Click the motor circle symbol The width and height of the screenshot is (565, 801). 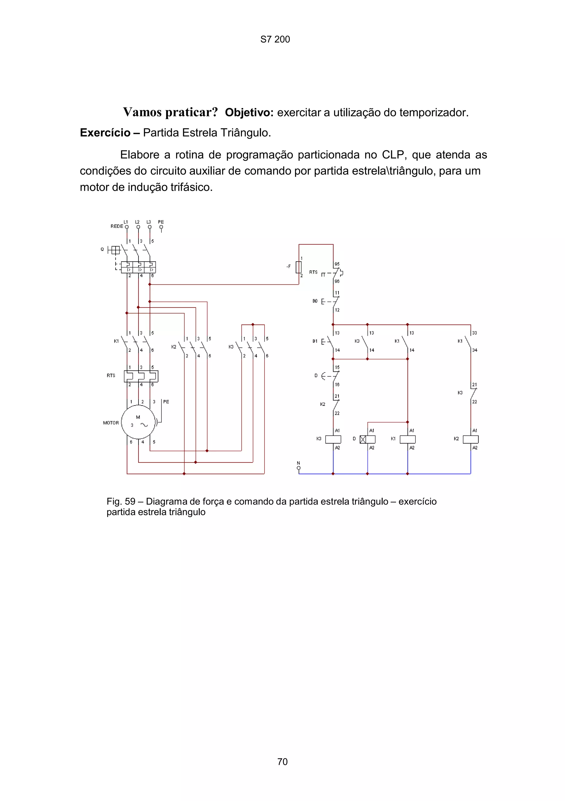coord(138,422)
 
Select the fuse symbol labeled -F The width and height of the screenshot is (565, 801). coord(299,267)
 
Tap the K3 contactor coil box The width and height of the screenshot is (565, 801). coord(333,439)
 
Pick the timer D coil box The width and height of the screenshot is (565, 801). coord(367,439)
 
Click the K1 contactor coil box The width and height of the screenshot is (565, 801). coord(407,439)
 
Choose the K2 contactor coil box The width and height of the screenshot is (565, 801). coord(470,439)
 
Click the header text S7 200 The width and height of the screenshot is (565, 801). coord(275,39)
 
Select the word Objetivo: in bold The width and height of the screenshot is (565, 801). coord(249,113)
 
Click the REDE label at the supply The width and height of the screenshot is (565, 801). coord(117,226)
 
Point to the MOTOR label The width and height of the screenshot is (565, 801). coord(111,423)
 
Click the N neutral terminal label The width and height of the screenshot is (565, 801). coord(299,463)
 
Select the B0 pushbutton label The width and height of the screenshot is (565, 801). coord(315,301)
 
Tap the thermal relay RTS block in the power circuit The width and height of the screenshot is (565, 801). coord(141,376)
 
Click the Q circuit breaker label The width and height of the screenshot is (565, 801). coord(102,250)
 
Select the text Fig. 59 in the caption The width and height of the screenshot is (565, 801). coord(121,502)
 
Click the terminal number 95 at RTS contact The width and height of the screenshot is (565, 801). coord(337,264)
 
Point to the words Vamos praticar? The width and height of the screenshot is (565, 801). coord(170,112)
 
